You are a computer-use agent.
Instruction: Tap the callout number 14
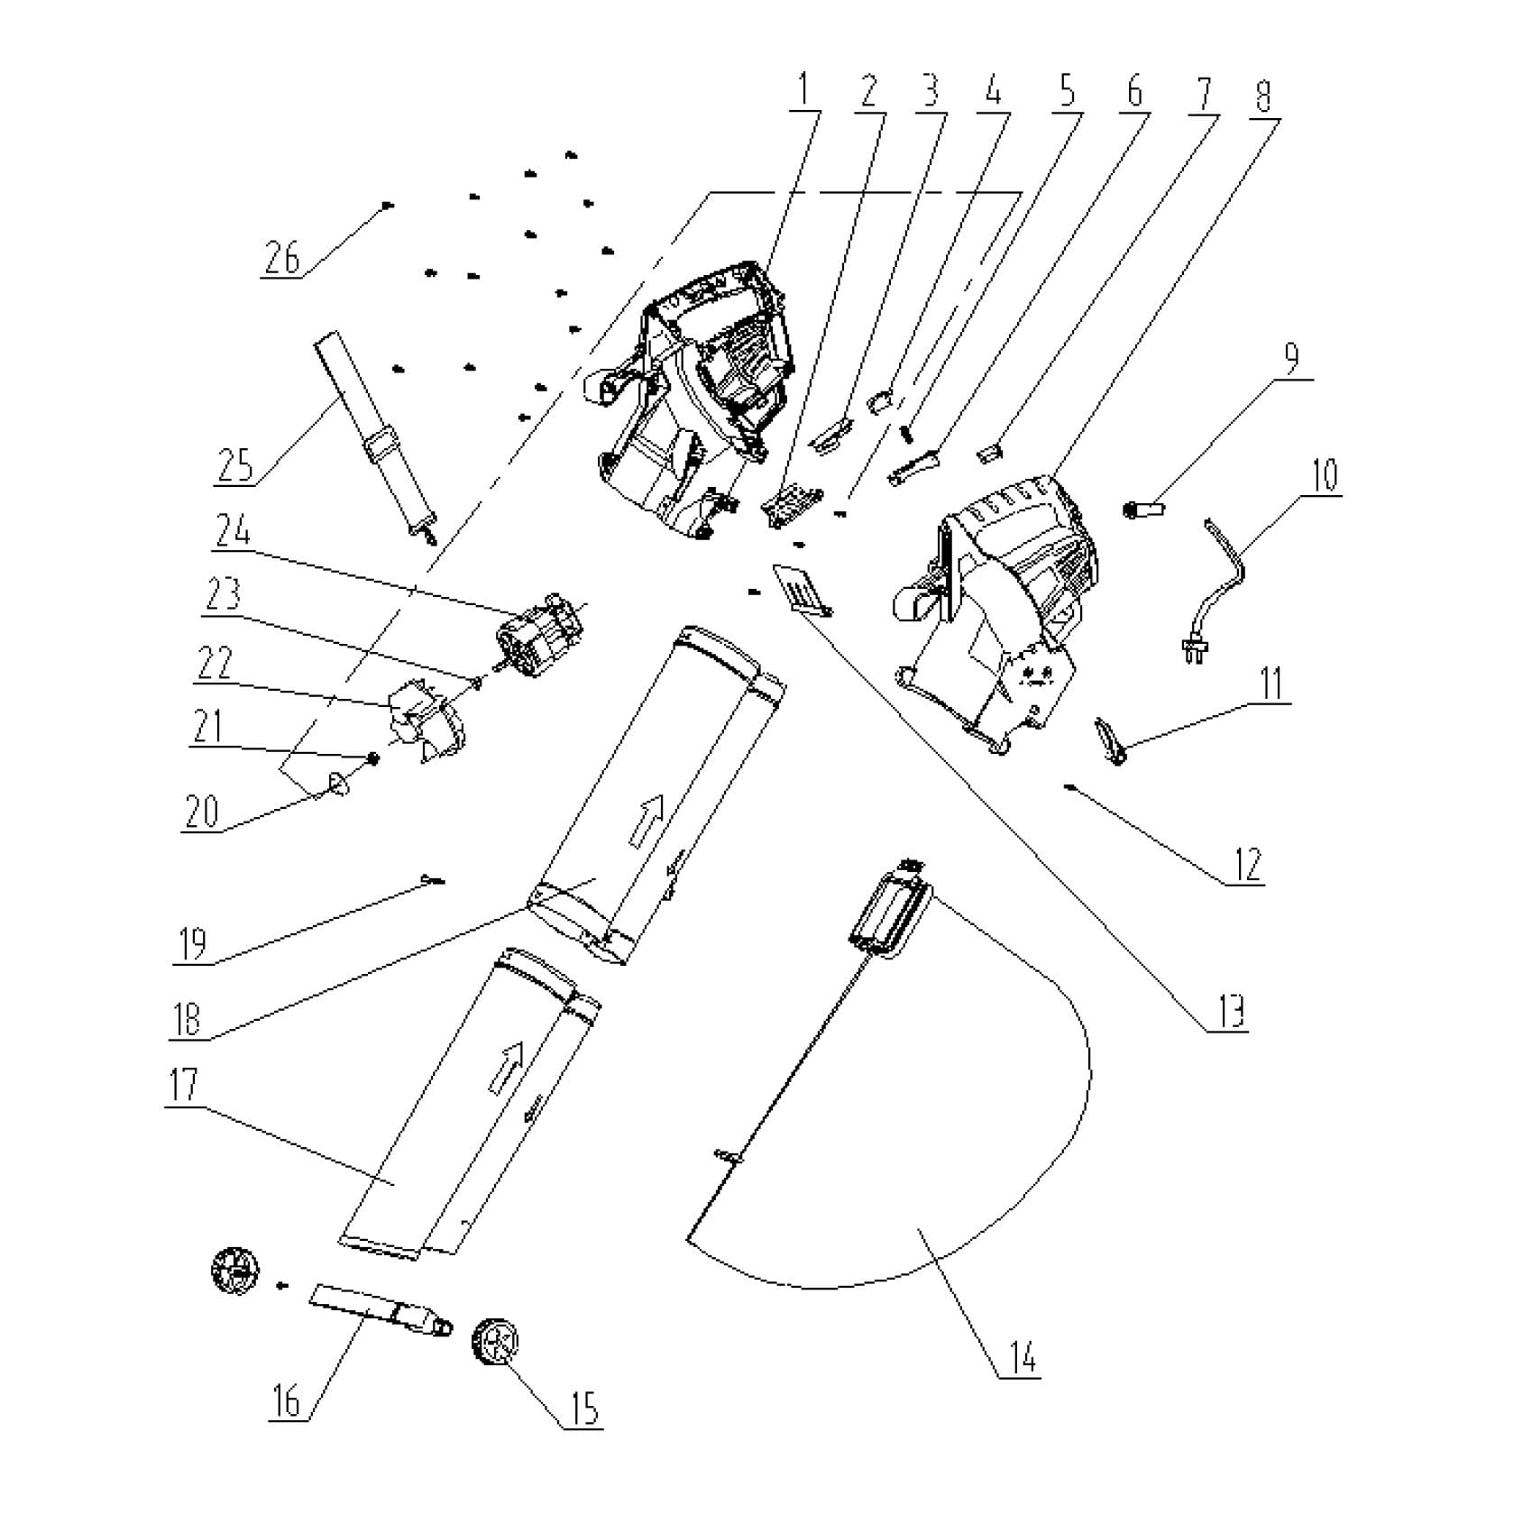1019,1357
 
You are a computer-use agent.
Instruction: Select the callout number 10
1323,475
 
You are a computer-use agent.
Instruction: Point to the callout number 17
184,1085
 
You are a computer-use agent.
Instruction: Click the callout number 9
1291,358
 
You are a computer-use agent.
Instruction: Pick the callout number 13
1228,1012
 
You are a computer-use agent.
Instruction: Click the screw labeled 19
432,879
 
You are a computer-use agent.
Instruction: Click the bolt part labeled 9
1145,510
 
